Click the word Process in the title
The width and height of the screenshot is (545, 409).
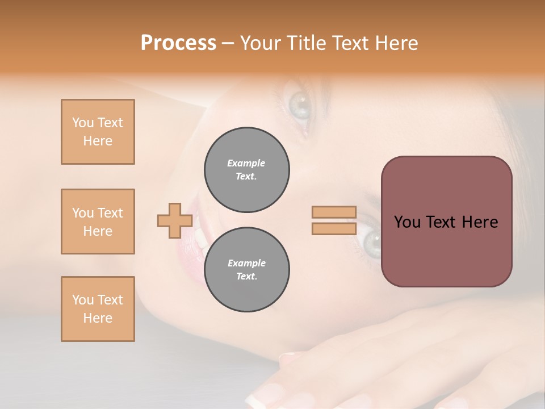[x=178, y=43]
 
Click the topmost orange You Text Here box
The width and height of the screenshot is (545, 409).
[x=98, y=132]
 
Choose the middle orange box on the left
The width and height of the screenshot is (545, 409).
[x=98, y=222]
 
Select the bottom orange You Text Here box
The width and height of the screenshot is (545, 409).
[x=98, y=309]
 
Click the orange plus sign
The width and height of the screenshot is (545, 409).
[x=174, y=220]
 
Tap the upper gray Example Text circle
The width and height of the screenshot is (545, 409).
[x=246, y=170]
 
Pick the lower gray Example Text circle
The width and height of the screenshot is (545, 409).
[x=246, y=270]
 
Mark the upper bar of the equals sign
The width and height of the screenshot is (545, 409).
[x=334, y=212]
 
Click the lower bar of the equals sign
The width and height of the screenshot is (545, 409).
[x=334, y=229]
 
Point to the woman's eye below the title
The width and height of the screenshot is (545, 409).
[x=299, y=104]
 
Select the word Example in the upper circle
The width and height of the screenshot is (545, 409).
[x=246, y=163]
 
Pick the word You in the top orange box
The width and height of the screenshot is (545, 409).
[x=82, y=123]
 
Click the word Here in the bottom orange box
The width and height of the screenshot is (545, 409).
[x=98, y=318]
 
